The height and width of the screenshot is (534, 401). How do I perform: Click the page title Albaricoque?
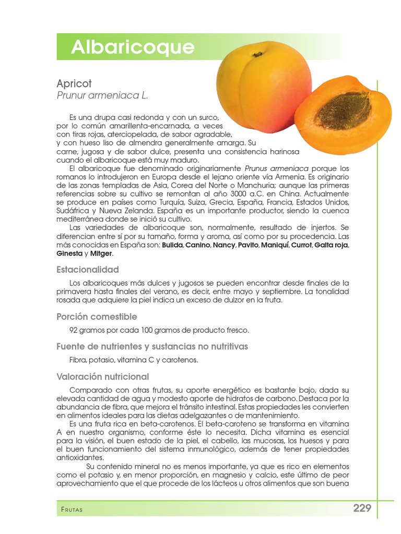coord(133,47)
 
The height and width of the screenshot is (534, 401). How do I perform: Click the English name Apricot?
coord(74,83)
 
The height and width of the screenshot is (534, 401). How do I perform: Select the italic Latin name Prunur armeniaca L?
coord(102,96)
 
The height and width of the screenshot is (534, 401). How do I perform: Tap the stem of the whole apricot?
coord(257,54)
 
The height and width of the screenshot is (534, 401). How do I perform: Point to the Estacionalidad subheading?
coord(87,270)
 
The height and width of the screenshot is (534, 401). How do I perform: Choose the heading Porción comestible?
coord(97,317)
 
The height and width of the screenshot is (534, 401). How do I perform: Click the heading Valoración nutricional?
coord(102,377)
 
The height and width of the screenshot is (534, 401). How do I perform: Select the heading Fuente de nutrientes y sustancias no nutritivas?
coord(152,347)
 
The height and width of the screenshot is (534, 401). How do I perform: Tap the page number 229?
coord(362,508)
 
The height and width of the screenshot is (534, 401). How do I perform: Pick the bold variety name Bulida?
coord(173,245)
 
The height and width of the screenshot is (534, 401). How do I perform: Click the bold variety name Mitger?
coord(101,253)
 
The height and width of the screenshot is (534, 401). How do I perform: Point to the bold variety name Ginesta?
coord(69,253)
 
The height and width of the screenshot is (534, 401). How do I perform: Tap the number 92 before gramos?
coord(74,330)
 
